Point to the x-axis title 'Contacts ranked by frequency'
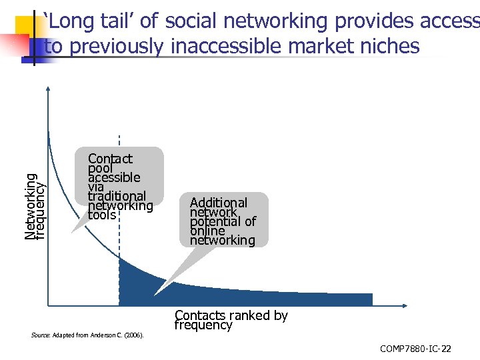pos(231,320)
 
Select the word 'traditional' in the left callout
pos(117,196)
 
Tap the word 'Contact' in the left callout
pos(110,159)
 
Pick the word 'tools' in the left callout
pos(102,215)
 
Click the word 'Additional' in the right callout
pos(218,203)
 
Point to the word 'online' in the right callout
pos(207,231)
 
